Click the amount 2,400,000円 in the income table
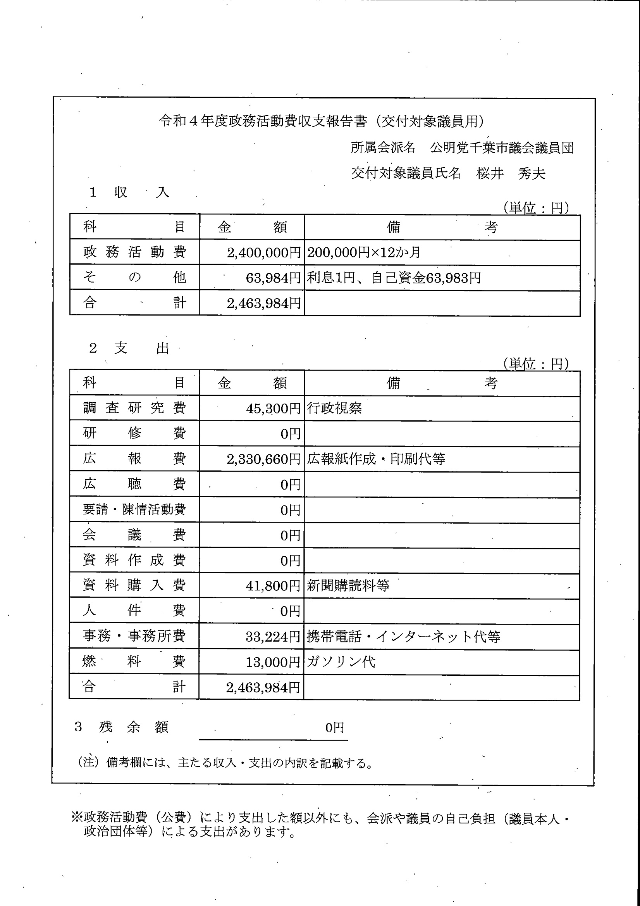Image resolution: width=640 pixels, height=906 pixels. [264, 252]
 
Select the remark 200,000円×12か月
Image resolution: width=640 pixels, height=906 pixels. [363, 252]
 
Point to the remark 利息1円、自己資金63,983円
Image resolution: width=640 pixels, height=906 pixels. [394, 278]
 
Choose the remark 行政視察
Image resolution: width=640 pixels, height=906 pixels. [334, 408]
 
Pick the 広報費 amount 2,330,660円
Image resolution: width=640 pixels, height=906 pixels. [263, 459]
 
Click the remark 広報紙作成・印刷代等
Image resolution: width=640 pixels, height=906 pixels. [376, 459]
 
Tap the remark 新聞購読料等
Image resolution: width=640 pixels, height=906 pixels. [348, 585]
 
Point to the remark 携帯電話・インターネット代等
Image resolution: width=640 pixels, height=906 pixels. [403, 636]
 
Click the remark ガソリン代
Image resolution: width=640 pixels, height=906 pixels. [341, 661]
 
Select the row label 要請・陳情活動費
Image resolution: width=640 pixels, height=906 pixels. [134, 509]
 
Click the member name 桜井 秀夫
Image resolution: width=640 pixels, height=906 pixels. [511, 174]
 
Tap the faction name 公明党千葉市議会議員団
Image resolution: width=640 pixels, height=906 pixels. [502, 148]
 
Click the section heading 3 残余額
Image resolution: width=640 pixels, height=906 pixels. [122, 727]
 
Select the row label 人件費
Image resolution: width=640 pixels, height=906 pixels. [134, 611]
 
